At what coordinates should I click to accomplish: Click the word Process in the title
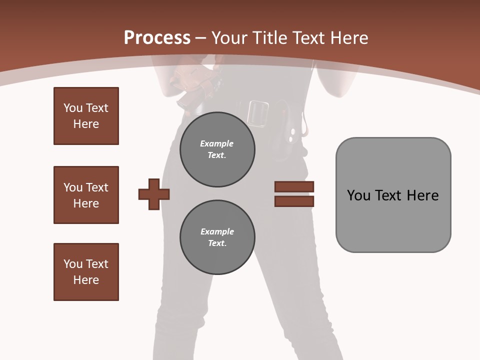(x=157, y=38)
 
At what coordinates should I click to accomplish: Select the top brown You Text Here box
(x=86, y=116)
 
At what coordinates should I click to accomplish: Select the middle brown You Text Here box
(x=86, y=195)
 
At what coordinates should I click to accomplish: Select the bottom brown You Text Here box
(x=86, y=272)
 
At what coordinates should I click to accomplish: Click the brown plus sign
(x=154, y=194)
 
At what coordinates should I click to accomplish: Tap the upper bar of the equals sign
(x=294, y=187)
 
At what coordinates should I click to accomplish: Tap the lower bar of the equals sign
(x=294, y=201)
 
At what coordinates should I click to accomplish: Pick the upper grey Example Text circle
(x=217, y=149)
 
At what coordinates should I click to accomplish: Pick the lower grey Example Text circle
(x=217, y=237)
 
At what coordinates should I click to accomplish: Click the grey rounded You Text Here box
(x=393, y=195)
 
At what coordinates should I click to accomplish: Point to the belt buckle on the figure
(x=258, y=113)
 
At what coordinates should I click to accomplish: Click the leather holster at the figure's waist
(x=193, y=85)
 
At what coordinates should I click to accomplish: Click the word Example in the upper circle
(x=216, y=143)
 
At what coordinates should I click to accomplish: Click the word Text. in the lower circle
(x=217, y=243)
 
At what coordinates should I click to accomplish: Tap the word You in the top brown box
(x=72, y=108)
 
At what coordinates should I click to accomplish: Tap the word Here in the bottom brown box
(x=86, y=280)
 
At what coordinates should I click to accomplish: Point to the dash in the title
(x=201, y=38)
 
